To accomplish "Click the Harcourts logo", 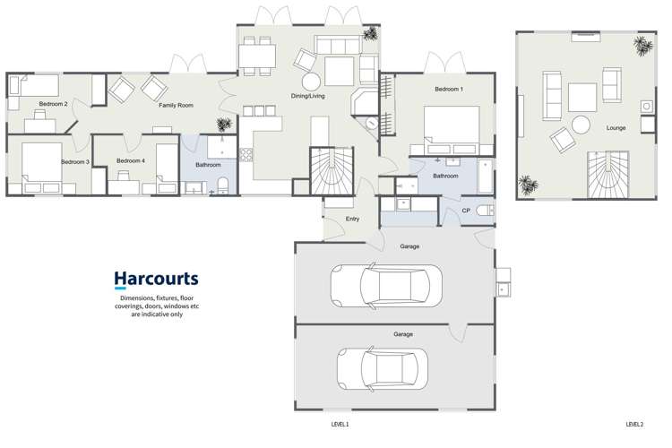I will pyautogui.click(x=156, y=280).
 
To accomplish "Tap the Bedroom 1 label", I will pyautogui.click(x=448, y=90).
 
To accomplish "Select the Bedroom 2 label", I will pyautogui.click(x=54, y=105).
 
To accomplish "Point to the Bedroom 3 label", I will pyautogui.click(x=75, y=162).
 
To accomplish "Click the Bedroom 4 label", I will pyautogui.click(x=131, y=161).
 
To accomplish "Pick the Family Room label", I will pyautogui.click(x=177, y=106).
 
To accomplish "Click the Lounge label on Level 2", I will pyautogui.click(x=616, y=128).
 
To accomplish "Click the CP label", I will pyautogui.click(x=466, y=211).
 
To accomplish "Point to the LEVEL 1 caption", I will pyautogui.click(x=340, y=424).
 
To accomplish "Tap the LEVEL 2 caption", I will pyautogui.click(x=634, y=424).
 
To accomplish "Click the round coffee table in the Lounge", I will pyautogui.click(x=582, y=125).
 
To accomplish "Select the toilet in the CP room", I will pyautogui.click(x=484, y=211).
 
